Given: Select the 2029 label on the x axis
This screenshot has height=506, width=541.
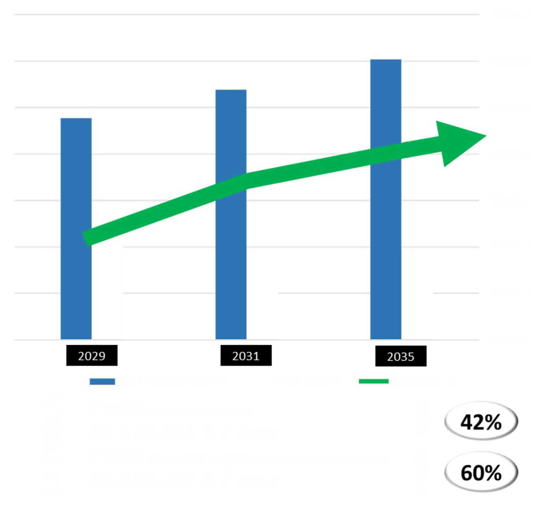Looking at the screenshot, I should tap(91, 356).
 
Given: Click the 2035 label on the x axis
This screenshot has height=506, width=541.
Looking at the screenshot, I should tap(400, 357).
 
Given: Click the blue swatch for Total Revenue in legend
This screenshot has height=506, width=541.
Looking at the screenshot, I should tap(102, 381).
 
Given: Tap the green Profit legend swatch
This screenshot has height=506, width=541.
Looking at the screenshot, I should tap(373, 381).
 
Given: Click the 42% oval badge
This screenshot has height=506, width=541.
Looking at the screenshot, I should tap(481, 422).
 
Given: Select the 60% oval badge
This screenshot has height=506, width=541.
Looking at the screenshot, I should tap(481, 472).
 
